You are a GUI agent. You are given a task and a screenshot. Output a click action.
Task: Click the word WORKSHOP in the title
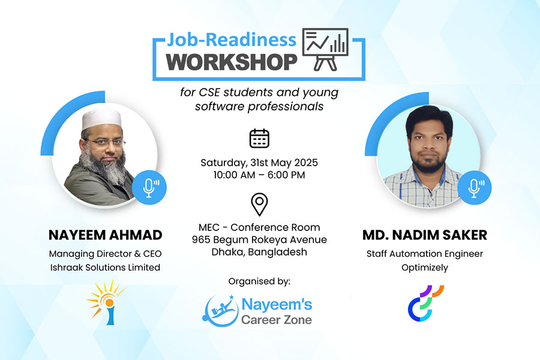click(232, 62)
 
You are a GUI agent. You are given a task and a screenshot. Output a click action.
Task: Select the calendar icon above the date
click(259, 139)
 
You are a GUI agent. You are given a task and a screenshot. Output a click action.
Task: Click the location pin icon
click(259, 204)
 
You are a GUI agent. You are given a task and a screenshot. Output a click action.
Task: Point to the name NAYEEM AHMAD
click(106, 235)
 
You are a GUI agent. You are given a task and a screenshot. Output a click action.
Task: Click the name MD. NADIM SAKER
click(425, 235)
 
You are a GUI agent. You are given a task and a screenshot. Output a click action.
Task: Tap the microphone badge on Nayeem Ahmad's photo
click(149, 187)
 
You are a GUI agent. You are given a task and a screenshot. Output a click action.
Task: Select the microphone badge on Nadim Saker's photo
click(474, 187)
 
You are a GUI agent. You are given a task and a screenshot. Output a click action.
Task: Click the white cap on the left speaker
click(101, 119)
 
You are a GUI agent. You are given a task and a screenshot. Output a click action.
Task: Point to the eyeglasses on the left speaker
click(104, 142)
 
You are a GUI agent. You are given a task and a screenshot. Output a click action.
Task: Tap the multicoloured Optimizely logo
click(425, 303)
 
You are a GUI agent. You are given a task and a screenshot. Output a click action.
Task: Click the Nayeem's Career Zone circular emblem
click(220, 311)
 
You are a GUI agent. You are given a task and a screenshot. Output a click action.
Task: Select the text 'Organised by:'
click(259, 282)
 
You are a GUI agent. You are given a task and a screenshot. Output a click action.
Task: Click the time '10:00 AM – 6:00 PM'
click(259, 175)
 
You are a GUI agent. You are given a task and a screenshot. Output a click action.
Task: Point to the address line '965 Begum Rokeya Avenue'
click(259, 240)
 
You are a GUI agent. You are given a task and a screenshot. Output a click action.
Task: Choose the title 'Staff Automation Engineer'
click(425, 254)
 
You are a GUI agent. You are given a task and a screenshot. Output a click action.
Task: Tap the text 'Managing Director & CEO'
click(106, 254)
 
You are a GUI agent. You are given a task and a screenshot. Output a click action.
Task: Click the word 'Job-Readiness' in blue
click(232, 40)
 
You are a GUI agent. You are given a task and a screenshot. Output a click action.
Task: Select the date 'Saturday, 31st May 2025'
click(259, 163)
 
